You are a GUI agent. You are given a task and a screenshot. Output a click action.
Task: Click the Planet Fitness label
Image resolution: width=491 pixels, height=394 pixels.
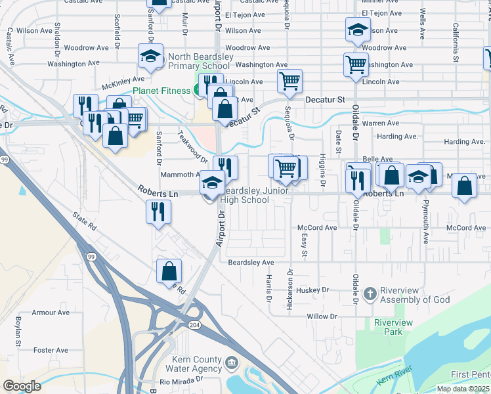[161, 91]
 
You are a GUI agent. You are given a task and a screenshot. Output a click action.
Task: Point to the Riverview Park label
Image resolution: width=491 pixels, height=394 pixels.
[393, 327]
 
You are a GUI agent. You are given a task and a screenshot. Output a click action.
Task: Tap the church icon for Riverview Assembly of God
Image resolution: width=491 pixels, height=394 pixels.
[370, 294]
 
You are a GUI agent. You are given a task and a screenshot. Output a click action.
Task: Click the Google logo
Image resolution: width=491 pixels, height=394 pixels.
[22, 386]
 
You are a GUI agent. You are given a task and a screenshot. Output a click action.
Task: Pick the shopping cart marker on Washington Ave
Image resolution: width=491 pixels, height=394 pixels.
[356, 64]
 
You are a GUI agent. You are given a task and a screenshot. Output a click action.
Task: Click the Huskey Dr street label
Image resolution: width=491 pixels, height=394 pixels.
[312, 290]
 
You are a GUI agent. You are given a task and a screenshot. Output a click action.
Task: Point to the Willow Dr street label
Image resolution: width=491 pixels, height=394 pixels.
[322, 317]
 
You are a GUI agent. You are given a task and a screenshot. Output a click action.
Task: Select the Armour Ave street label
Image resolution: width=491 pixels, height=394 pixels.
[51, 313]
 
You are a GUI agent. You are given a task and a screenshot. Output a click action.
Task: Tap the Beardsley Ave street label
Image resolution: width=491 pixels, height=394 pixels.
[251, 263]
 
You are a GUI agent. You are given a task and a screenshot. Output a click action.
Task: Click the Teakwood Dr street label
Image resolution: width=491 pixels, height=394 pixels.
[193, 146]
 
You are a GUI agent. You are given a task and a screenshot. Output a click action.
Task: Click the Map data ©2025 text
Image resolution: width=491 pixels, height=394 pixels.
[463, 389]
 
